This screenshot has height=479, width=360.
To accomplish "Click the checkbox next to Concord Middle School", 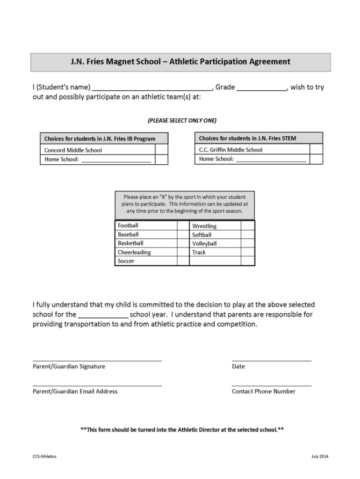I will tap(161, 150).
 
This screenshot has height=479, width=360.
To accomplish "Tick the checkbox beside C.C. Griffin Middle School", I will tap(317, 149).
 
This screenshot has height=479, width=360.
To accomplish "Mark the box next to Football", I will tap(183, 225).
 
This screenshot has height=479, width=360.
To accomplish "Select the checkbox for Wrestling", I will tap(247, 225).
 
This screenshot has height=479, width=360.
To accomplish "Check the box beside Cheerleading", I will tap(183, 252).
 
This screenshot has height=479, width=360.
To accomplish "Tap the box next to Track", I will tap(247, 252).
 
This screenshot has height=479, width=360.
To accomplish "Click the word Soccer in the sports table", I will tap(126, 261).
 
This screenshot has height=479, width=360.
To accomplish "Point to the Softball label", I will tap(202, 235).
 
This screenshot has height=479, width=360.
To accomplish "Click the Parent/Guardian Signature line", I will tap(97, 360).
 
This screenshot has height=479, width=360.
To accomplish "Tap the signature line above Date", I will tap(272, 360).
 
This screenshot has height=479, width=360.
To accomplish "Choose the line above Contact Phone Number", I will tap(272, 385).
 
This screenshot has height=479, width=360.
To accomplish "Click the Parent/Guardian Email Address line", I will tap(97, 385).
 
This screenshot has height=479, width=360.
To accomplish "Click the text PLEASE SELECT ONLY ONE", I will tap(182, 120).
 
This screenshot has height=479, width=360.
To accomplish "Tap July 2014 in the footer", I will tap(320, 457).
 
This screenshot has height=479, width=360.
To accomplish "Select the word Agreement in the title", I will tap(268, 62).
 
